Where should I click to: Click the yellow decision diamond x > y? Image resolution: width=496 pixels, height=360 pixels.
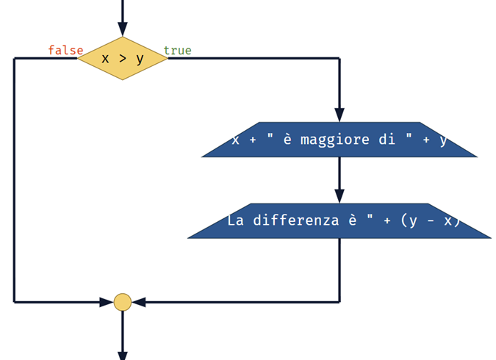point(123,58)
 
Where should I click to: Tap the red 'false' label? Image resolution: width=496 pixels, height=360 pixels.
point(65,50)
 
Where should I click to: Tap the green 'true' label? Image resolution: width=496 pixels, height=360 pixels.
point(177,50)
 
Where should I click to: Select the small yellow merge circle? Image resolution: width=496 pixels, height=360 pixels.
point(123,302)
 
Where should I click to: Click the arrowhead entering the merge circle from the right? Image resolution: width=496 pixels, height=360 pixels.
point(140,302)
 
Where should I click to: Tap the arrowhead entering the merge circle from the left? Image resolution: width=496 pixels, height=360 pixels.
point(107,302)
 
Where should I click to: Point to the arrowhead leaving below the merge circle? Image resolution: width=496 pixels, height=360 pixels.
point(123,354)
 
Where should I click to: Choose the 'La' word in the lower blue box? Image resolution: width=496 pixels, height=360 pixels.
point(235,220)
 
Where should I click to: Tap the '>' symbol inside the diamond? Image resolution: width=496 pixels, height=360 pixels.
point(122,59)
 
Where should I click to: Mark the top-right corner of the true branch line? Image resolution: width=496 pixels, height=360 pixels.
point(339,58)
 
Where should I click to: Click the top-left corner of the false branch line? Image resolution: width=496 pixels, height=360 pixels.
point(14,58)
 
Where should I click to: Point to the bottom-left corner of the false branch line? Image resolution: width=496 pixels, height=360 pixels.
point(14,302)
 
